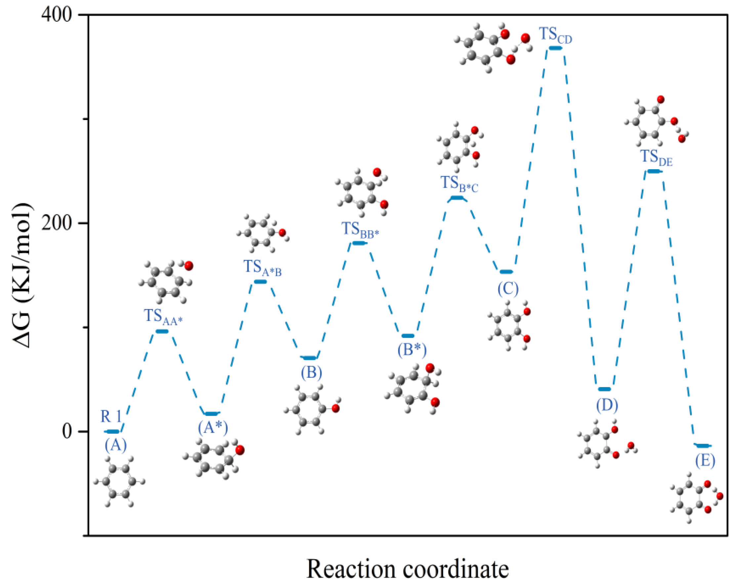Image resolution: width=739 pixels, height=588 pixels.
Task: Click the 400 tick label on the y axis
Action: [x=57, y=16]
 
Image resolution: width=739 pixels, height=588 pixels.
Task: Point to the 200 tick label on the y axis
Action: [x=57, y=223]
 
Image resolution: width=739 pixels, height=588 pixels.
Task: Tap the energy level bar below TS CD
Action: [x=555, y=48]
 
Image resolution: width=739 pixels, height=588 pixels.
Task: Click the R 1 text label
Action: [x=111, y=417]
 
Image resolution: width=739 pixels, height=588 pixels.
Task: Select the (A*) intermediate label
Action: [x=213, y=428]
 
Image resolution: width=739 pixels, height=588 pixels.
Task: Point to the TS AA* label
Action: [x=163, y=317]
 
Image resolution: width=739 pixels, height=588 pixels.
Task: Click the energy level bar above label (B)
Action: [x=310, y=358]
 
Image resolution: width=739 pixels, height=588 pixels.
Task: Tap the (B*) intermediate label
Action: [x=412, y=350]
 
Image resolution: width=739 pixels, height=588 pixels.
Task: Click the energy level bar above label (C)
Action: [x=506, y=272]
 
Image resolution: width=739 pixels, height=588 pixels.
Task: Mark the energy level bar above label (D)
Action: [x=604, y=389]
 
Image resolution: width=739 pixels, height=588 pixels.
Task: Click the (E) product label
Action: [x=705, y=461]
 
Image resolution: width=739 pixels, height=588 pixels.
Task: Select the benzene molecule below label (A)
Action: [x=119, y=482]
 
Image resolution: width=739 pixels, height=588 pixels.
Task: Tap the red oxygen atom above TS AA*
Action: [x=188, y=266]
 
